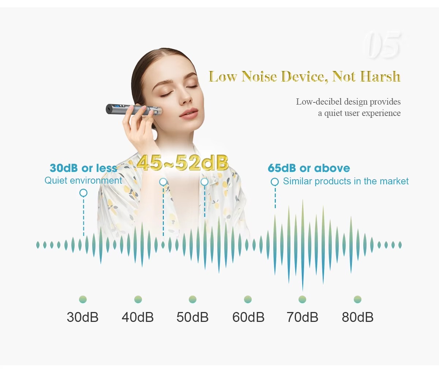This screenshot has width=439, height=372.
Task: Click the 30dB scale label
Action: coord(83,317)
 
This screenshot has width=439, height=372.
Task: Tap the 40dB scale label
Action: coord(138,317)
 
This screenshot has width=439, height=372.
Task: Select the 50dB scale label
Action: coord(192,317)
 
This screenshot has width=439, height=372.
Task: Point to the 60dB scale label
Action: coord(248,317)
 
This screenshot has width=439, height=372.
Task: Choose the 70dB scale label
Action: coord(303,317)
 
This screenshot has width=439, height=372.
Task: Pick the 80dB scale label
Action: coord(358,317)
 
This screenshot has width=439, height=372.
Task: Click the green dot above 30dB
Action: coord(83,299)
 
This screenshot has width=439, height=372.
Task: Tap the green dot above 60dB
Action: coord(248,299)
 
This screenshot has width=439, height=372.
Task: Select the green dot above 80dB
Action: coord(358,299)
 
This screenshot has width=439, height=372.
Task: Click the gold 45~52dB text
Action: coord(182,163)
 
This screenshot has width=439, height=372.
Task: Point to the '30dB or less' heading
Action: coord(83,168)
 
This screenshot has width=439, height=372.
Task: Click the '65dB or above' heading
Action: coord(309,168)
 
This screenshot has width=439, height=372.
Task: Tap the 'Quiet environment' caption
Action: coord(83,180)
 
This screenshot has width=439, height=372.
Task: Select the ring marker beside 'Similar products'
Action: coord(275,182)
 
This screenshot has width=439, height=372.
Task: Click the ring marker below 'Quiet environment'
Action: coord(83,193)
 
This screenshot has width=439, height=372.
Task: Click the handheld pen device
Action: coord(134,110)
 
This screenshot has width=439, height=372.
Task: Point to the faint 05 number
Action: coord(383,45)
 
